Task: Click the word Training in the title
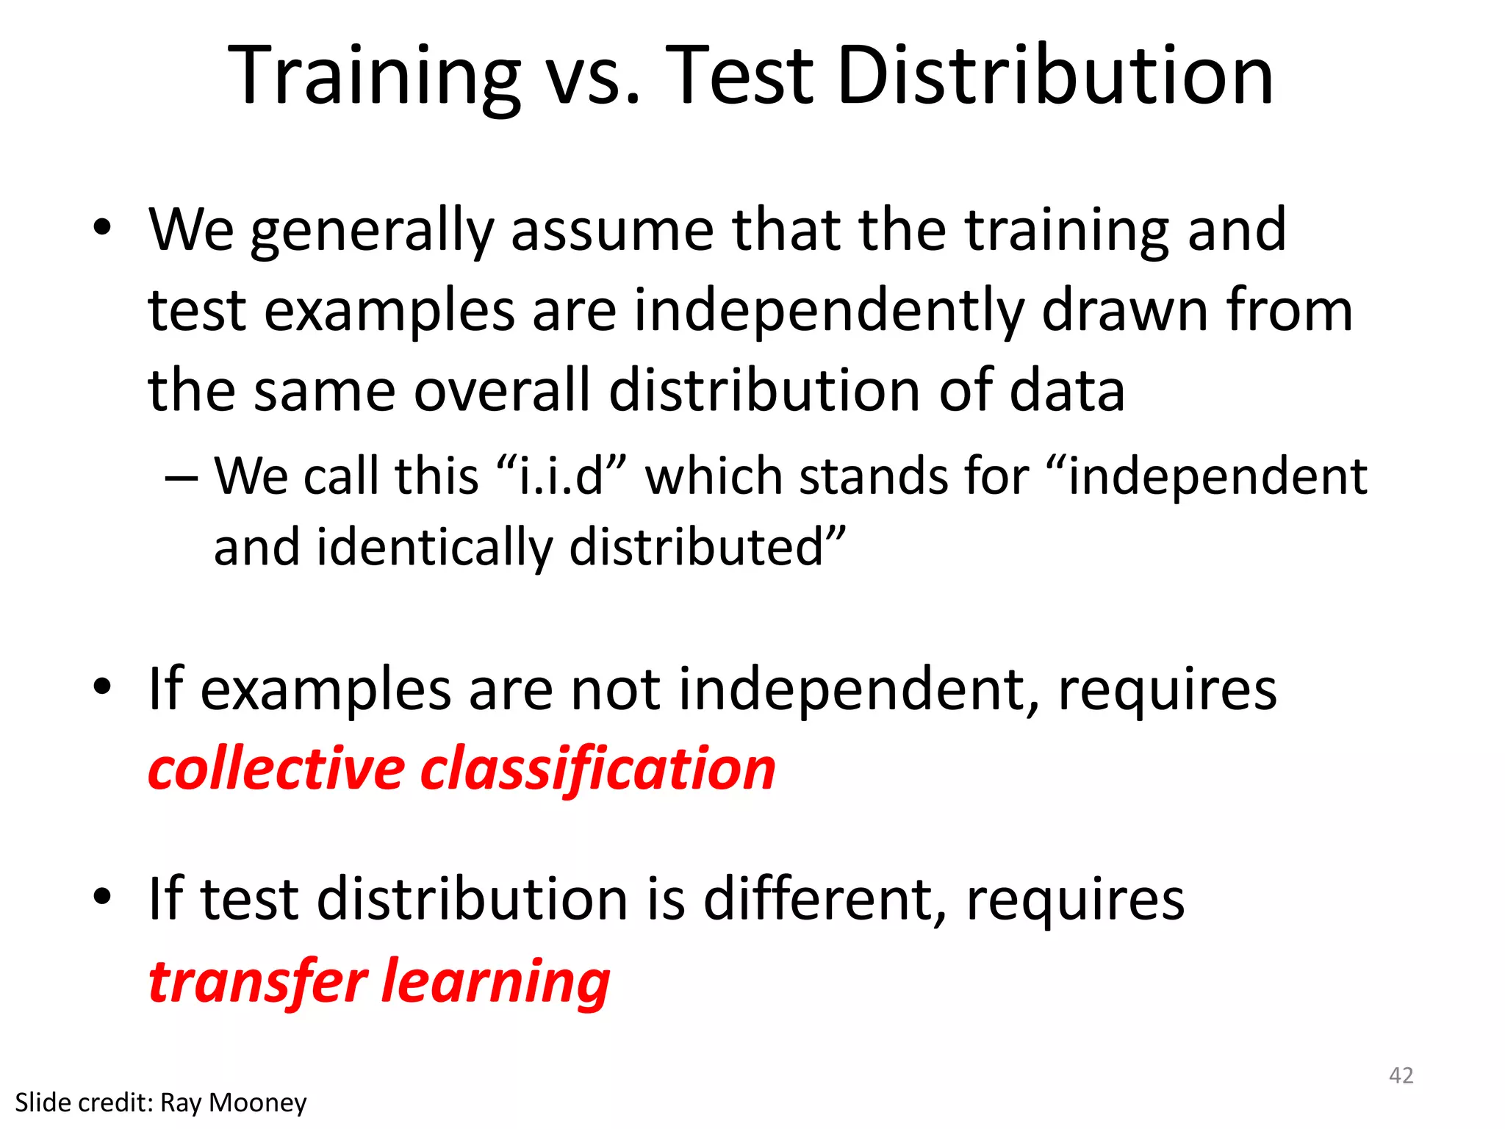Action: [375, 77]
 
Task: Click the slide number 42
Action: [1401, 1075]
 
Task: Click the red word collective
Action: [276, 769]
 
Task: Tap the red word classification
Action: [598, 769]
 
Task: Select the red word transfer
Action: [258, 981]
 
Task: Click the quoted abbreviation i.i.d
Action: [561, 476]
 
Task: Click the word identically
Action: [434, 548]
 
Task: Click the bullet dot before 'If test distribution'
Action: [102, 896]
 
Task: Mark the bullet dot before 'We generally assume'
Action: [102, 227]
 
